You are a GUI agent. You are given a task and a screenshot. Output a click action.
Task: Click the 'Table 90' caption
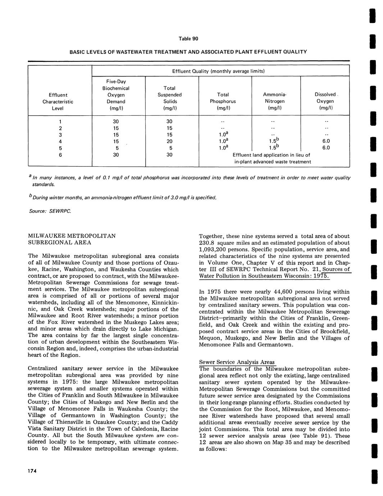pos(188,39)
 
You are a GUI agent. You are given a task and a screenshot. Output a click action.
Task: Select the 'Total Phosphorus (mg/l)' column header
pos(223,101)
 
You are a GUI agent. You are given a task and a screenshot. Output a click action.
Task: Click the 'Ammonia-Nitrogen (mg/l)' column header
pos(274,101)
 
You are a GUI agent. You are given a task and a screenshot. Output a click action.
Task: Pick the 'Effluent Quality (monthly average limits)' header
pos(221,71)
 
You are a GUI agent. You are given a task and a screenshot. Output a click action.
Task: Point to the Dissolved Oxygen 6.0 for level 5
pos(326,148)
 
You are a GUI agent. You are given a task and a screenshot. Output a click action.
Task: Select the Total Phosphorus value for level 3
pos(223,135)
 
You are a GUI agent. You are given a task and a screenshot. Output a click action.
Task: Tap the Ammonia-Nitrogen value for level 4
pos(275,142)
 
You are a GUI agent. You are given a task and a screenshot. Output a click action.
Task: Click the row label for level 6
pos(60,155)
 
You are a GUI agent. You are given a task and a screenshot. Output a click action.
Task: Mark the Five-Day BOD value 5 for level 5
pos(114,148)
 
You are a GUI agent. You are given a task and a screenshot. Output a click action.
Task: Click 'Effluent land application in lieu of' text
pos(271,155)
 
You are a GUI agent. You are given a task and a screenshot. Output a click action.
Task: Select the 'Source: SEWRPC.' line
pos(50,211)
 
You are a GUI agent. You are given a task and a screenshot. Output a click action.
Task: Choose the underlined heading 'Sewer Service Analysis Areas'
pos(237,362)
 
